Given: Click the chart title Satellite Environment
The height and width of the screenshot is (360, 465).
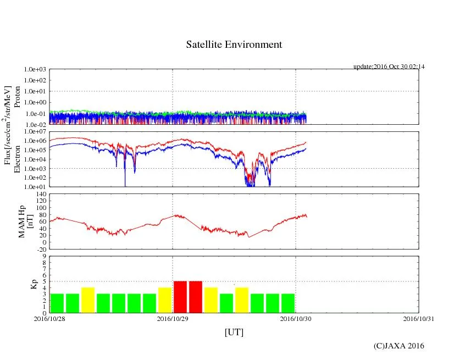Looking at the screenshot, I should point(234,45).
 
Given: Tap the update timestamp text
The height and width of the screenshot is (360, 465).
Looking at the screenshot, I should point(389,67).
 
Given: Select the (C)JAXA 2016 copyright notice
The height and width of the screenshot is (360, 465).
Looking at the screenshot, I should point(398,346).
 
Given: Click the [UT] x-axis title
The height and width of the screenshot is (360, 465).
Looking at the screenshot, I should point(234,332).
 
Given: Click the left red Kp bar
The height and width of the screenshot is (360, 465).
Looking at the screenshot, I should point(180,297).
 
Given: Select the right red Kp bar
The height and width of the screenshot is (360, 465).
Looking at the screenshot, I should point(196,297).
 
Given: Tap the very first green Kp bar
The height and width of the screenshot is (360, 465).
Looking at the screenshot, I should point(57,303).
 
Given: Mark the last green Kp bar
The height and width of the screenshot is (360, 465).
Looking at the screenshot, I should point(288,303).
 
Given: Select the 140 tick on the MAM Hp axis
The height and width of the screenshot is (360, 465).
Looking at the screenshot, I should point(40,194).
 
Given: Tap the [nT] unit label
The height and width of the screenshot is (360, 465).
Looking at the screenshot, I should point(31,221).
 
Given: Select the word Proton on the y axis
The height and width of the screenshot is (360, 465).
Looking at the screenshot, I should point(17,97).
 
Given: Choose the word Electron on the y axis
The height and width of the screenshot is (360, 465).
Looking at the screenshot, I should point(17,159).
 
